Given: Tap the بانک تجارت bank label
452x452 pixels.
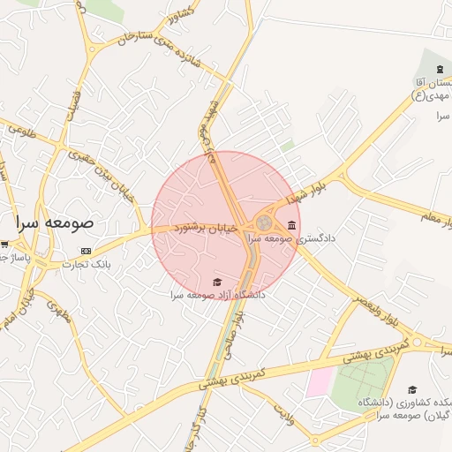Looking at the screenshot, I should pyautogui.click(x=88, y=264).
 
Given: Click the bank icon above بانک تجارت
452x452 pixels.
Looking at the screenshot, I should pyautogui.click(x=85, y=250).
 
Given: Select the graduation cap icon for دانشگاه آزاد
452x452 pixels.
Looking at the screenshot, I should pyautogui.click(x=217, y=282).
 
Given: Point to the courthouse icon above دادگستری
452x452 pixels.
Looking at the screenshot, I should pyautogui.click(x=291, y=224).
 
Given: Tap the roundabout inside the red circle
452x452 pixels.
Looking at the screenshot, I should pyautogui.click(x=265, y=222).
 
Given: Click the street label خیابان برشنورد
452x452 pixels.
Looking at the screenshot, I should pyautogui.click(x=209, y=228).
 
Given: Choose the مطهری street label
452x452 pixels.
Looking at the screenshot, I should pyautogui.click(x=57, y=310).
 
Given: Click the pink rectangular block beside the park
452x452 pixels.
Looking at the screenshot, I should pyautogui.click(x=319, y=381).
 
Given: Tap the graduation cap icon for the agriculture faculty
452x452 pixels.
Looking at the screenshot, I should pyautogui.click(x=411, y=389).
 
